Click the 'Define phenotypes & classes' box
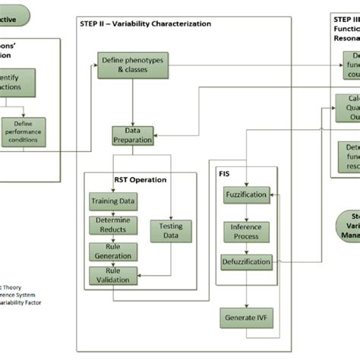pos(133,65)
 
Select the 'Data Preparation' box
pos(133,135)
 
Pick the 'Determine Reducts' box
pos(114,226)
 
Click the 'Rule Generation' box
pos(114,251)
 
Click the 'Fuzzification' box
pos(245,195)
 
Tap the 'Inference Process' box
pos(245,232)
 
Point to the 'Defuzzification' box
pos(245,263)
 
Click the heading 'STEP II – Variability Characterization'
pos(146,24)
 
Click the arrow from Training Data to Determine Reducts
pos(114,213)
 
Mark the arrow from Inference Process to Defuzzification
pos(245,248)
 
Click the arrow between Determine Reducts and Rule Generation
pos(114,238)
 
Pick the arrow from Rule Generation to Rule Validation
pos(114,264)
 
